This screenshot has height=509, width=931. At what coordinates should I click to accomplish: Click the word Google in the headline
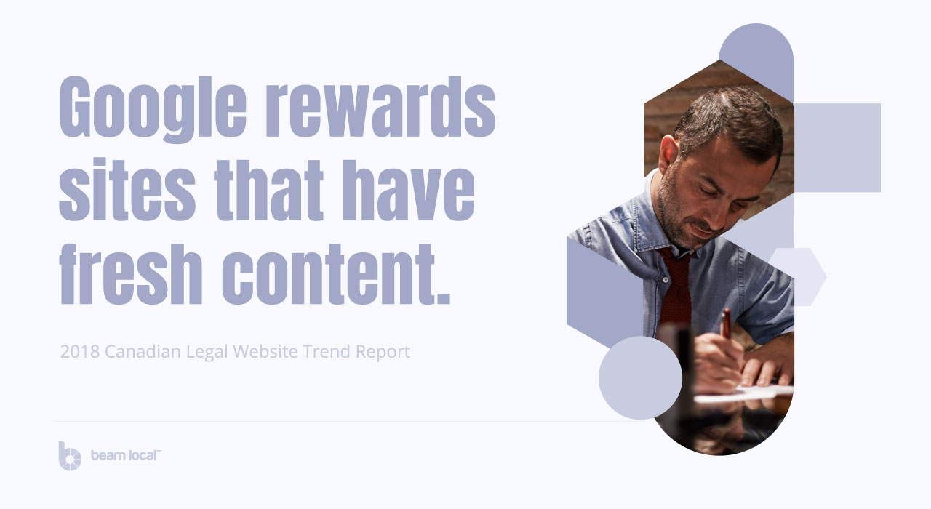click(153, 109)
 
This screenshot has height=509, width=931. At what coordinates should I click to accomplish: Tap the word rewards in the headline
click(380, 106)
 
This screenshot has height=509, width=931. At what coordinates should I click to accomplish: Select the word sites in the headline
click(127, 189)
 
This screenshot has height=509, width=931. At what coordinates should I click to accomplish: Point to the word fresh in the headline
click(131, 274)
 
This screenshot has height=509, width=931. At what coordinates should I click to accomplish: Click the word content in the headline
click(336, 274)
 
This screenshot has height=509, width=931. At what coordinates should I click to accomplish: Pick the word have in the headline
click(409, 191)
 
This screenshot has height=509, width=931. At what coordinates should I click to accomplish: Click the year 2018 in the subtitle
click(80, 351)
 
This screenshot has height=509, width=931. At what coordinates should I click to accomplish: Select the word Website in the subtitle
click(265, 351)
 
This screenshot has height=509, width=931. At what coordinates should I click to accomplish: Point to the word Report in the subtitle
click(383, 352)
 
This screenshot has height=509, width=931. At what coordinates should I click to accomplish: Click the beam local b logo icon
click(70, 456)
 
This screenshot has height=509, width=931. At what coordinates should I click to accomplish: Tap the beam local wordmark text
click(126, 455)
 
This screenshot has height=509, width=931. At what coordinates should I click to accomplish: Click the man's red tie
click(676, 286)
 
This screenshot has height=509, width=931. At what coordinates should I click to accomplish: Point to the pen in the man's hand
click(726, 322)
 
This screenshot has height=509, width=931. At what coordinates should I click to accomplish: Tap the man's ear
click(668, 153)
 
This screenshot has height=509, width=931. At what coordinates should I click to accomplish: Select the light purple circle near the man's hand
click(640, 377)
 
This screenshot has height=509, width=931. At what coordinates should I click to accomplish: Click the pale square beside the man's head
click(837, 148)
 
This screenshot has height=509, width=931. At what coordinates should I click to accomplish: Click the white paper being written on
click(744, 393)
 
